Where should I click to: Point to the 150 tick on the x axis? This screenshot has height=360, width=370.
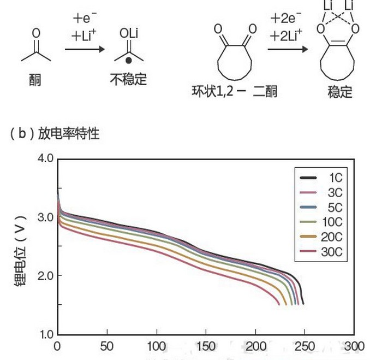coord(206,346)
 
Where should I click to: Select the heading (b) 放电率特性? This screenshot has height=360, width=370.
coord(54,133)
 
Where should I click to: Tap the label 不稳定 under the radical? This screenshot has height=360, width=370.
coord(129,79)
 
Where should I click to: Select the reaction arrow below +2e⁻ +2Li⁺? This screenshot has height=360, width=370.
coord(287,50)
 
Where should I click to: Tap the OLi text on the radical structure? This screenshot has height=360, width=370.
coord(129,33)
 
